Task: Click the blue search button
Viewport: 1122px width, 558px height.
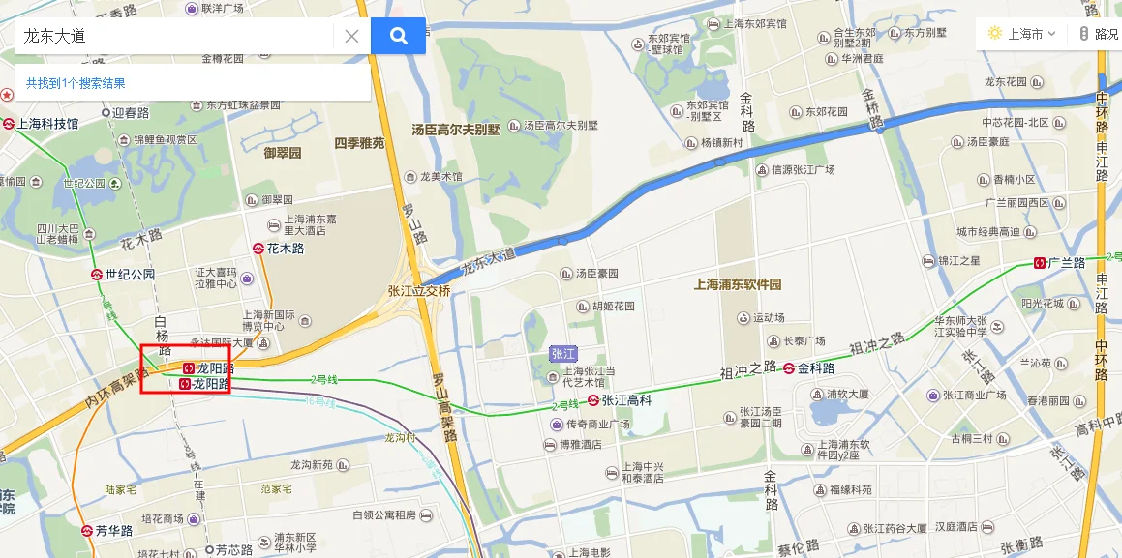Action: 398,36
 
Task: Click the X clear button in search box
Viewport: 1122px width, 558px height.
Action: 351,36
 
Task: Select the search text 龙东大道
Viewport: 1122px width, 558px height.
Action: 55,36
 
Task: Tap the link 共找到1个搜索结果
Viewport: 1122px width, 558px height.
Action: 76,84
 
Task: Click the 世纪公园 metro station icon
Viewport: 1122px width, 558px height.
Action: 97,274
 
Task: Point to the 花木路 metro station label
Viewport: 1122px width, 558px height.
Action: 286,249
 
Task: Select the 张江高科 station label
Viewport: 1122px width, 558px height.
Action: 626,399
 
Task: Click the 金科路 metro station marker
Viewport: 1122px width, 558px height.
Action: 790,367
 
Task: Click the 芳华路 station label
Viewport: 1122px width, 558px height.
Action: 113,531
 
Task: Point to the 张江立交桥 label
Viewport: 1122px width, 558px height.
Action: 419,290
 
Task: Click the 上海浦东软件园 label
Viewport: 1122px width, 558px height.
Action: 738,285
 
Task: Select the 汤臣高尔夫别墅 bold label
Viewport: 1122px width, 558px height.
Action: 456,129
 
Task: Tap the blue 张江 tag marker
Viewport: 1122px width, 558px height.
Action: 561,354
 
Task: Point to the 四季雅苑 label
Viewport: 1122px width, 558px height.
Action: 359,143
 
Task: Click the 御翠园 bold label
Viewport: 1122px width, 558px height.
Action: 283,153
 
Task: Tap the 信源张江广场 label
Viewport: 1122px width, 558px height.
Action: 803,169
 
